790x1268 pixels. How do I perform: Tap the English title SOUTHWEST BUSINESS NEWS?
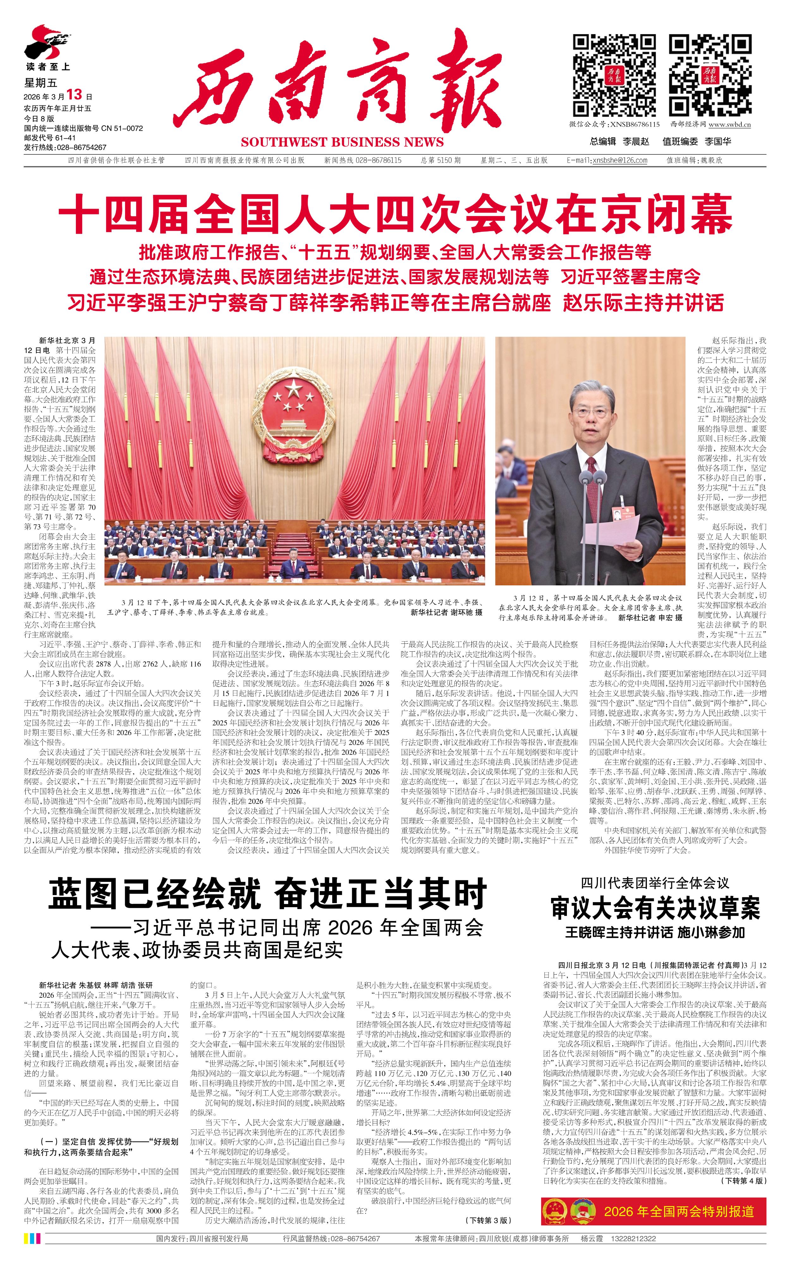point(342,142)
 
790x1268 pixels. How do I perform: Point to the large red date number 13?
point(75,94)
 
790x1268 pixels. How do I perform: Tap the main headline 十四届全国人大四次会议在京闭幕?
point(395,214)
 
